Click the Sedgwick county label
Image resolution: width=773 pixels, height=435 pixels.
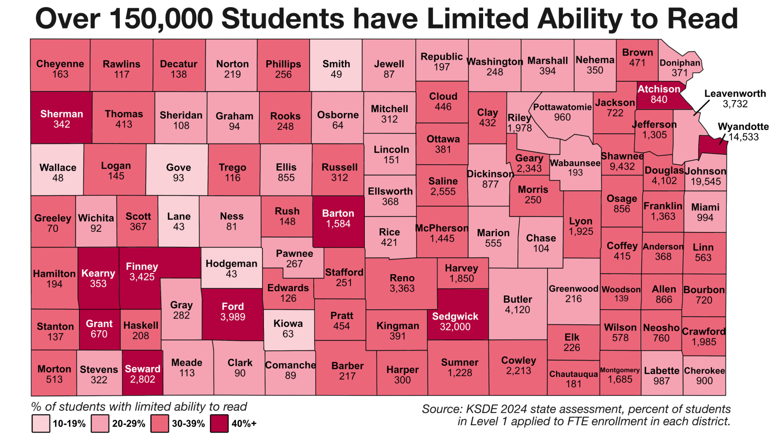click(455, 316)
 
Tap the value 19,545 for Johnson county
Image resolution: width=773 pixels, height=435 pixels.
click(706, 181)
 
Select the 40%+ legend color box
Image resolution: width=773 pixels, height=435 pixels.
click(219, 423)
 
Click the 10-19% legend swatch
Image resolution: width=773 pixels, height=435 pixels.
click(41, 423)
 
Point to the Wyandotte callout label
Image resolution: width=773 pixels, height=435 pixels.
click(743, 127)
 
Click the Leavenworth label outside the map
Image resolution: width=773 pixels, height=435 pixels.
click(735, 94)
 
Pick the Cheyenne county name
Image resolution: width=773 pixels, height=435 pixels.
click(60, 64)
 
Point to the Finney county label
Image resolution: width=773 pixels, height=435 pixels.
click(142, 266)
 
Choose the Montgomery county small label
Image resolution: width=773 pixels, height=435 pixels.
click(620, 370)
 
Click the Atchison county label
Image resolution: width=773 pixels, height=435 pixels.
click(659, 89)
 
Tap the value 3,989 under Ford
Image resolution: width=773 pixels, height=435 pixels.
click(233, 317)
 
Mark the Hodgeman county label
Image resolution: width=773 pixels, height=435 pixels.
click(231, 264)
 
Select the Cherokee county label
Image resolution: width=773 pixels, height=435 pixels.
click(704, 370)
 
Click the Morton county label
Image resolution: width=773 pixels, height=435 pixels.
click(54, 369)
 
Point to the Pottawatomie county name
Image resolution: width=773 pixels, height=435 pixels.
click(562, 107)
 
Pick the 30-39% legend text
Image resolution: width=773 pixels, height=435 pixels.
click(188, 424)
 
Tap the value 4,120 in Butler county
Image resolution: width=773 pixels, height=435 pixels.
click(517, 310)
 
